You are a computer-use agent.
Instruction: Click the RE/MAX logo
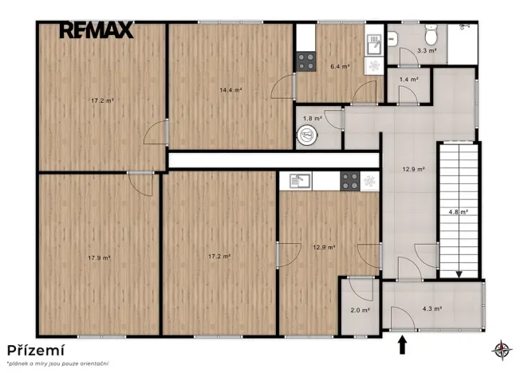97,29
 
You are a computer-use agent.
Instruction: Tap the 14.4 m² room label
231,90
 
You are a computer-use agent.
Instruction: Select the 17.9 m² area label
100,258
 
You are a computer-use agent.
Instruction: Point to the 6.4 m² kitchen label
340,66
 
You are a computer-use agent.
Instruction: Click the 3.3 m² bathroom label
427,51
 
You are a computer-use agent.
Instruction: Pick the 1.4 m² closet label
409,80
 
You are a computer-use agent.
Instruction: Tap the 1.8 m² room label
313,119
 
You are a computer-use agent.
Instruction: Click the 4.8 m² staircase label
459,212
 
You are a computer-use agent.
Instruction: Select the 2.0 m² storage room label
361,310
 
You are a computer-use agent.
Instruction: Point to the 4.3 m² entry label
432,308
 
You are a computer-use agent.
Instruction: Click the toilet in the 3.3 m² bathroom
431,34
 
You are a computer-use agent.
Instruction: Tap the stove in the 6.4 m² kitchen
306,62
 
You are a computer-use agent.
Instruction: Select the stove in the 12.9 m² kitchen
350,181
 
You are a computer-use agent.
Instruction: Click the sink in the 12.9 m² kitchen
301,180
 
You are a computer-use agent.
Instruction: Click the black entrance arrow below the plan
402,346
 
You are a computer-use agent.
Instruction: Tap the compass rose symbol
502,350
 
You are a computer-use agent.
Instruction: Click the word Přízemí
36,351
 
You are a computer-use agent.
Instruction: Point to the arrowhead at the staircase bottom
459,275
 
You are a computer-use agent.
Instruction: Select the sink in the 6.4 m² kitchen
374,45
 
